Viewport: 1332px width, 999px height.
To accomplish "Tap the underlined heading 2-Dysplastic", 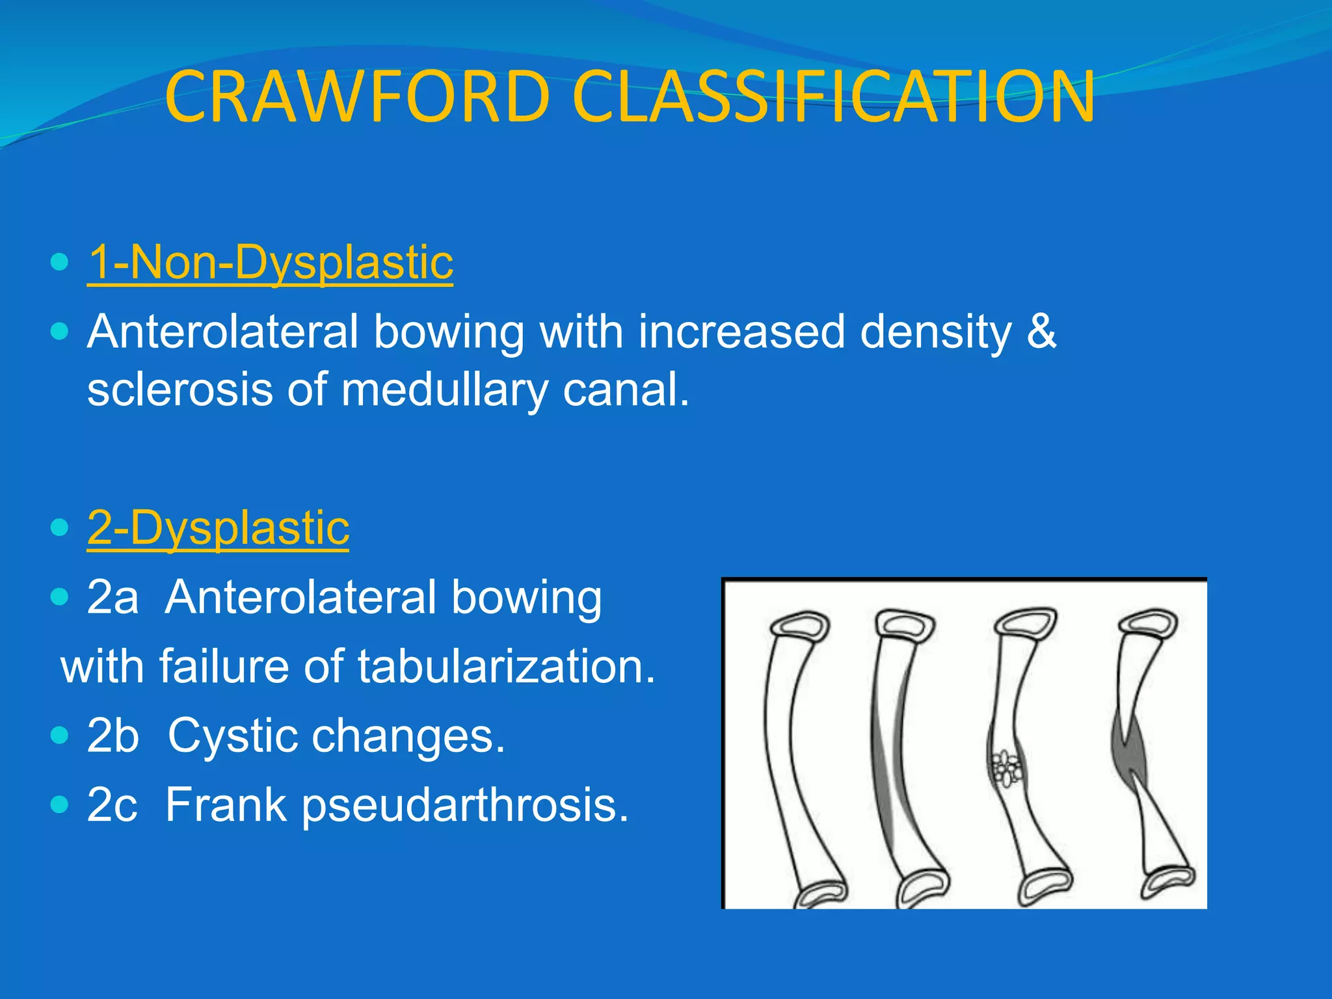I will tap(218, 527).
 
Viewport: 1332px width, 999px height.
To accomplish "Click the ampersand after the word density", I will tap(1041, 332).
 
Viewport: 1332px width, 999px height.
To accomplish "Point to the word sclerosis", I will tap(180, 390).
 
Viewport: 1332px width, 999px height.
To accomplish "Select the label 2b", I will tap(113, 736).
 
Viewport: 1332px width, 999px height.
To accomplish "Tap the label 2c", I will tap(112, 805).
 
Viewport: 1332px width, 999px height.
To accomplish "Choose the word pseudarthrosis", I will tap(465, 805).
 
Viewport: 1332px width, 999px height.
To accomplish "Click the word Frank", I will tap(225, 805).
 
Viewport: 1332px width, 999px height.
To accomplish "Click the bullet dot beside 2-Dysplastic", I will tap(59, 527).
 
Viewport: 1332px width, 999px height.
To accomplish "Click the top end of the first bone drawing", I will tap(799, 626).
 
